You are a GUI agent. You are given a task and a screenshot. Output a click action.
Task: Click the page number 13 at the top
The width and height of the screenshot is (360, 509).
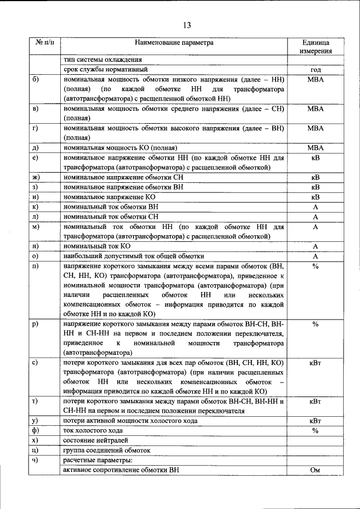187,25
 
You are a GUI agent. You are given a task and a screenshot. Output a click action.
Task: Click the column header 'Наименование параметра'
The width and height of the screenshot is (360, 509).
174,42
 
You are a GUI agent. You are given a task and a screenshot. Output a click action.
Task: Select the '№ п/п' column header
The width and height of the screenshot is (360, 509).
44,42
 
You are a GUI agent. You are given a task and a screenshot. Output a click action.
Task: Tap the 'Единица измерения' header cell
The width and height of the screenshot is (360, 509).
316,46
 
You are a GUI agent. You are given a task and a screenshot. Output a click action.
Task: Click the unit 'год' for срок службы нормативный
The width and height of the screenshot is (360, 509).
316,70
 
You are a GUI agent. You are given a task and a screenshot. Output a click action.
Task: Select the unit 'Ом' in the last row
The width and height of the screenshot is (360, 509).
316,470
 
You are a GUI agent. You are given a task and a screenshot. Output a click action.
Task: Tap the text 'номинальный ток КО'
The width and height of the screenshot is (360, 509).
97,246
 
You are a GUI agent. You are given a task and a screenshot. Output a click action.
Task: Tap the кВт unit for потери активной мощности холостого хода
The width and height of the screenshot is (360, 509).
316,421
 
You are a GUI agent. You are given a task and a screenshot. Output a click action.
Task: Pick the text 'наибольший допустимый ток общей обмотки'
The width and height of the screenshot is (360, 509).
134,256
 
